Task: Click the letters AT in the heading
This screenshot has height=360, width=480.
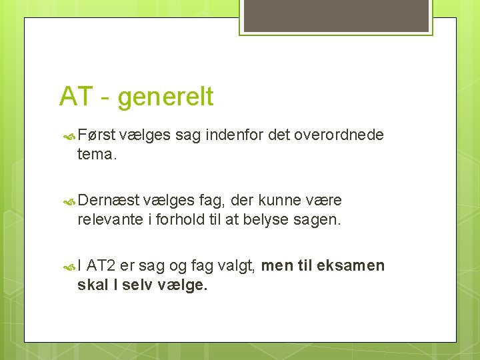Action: (x=75, y=97)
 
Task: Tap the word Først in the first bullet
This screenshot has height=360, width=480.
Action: (x=97, y=135)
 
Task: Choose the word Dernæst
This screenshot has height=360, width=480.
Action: (x=109, y=201)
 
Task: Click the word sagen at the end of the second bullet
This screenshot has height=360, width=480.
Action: (x=317, y=219)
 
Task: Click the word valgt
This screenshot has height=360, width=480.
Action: (x=236, y=266)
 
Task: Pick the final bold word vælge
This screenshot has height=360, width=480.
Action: (x=183, y=285)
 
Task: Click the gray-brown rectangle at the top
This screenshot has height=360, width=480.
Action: (x=335, y=15)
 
